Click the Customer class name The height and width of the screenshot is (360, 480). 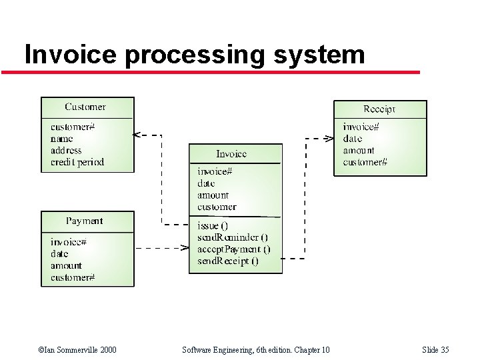click(x=85, y=107)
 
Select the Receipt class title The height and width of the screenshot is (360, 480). click(x=379, y=109)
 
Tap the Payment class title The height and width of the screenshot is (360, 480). click(x=85, y=221)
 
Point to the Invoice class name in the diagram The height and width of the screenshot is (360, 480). click(x=231, y=154)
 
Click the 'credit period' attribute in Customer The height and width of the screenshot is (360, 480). click(x=77, y=162)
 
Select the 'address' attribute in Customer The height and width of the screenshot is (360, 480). click(x=66, y=151)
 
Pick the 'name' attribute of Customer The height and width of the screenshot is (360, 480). click(x=62, y=139)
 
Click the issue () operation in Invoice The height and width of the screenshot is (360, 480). click(x=213, y=226)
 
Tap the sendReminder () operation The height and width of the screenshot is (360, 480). click(x=233, y=237)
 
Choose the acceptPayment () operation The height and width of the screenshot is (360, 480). click(x=234, y=249)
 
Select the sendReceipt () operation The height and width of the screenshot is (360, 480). click(x=228, y=261)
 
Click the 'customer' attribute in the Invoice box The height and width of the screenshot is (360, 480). click(x=217, y=207)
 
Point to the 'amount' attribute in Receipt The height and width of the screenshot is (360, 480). click(x=359, y=151)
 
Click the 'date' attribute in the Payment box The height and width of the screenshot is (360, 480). click(x=59, y=253)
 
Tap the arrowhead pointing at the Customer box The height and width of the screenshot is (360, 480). click(x=137, y=135)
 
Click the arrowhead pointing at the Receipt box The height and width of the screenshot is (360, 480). click(x=329, y=139)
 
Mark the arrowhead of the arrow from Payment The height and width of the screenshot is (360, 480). click(x=185, y=247)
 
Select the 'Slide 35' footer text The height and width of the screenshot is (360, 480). click(x=435, y=350)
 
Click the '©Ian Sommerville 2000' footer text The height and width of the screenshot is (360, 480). click(x=77, y=350)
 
